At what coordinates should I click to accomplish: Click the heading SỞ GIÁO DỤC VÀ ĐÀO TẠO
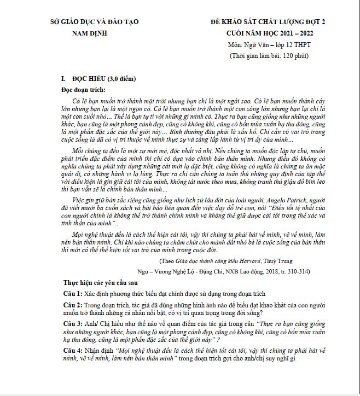94,22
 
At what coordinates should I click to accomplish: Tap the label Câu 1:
72,294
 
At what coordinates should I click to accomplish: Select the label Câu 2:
72,305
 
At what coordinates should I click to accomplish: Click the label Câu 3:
72,324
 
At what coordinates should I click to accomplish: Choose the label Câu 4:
72,350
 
